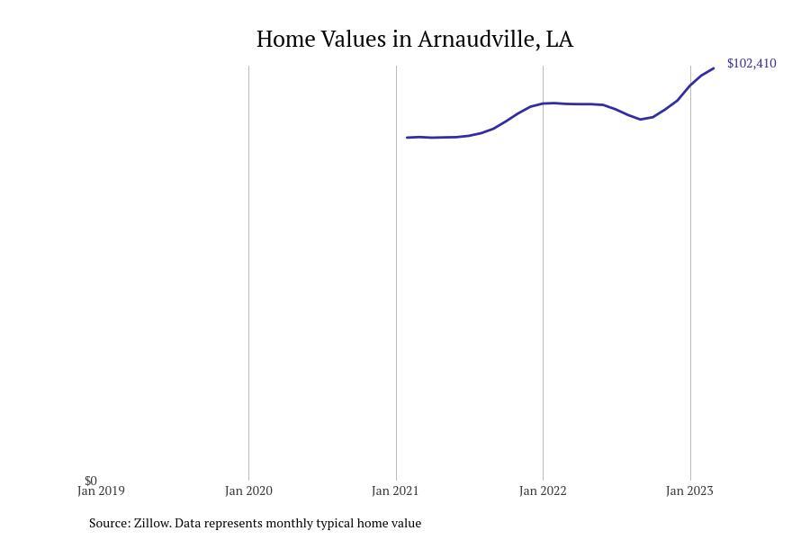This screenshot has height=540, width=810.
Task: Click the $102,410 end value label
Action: [751, 64]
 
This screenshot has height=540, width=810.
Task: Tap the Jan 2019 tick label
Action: [101, 491]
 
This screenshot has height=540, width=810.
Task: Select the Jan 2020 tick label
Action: [248, 491]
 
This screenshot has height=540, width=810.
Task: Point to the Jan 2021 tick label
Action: [395, 491]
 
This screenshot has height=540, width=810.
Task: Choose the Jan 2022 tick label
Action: [543, 491]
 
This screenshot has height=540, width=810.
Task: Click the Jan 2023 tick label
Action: [689, 491]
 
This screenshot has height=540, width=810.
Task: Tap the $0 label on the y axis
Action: [91, 481]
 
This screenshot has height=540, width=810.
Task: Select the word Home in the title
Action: [285, 40]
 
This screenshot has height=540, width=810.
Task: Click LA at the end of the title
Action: [560, 40]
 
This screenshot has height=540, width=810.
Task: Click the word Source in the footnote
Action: [109, 523]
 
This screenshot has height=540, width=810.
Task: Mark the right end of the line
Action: [714, 68]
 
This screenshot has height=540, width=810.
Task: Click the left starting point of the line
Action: [407, 138]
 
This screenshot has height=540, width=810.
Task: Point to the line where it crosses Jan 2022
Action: [543, 103]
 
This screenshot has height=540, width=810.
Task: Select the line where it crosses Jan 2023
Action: [690, 85]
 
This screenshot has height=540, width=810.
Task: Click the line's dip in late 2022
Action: [642, 119]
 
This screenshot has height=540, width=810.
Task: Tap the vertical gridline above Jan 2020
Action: [248, 270]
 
